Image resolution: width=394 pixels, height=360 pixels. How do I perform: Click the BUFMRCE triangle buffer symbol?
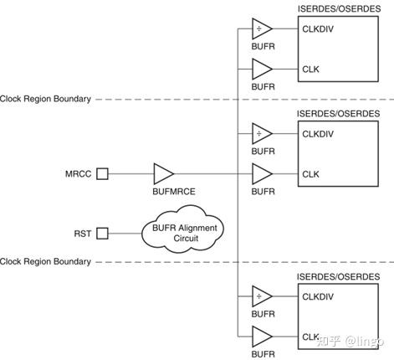[x=163, y=174]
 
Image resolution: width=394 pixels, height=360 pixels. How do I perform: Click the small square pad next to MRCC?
[x=102, y=174]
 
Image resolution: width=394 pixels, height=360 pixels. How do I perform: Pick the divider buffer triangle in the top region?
[x=262, y=30]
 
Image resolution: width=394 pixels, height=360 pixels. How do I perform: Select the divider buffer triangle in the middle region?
[x=262, y=133]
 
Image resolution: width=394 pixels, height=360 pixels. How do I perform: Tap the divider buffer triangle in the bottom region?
[x=262, y=296]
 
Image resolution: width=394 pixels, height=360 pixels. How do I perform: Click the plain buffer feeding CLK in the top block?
[x=262, y=69]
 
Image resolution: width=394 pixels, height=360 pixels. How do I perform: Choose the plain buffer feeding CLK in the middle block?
[x=262, y=174]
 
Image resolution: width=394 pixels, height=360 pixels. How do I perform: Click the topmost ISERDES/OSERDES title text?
[x=339, y=8]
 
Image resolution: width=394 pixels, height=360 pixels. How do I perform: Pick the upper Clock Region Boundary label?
[x=46, y=99]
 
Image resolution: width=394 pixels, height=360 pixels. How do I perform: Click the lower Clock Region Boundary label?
[x=46, y=262]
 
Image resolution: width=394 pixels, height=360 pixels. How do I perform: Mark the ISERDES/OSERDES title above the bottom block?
[x=339, y=275]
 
